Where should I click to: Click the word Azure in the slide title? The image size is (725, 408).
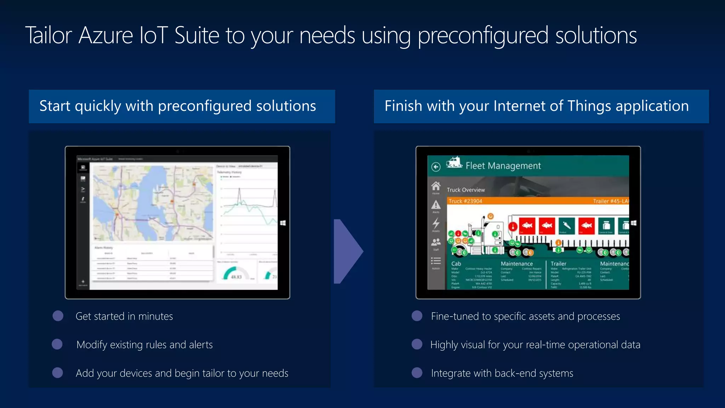click(105, 35)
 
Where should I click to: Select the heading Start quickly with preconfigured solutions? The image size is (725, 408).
click(177, 106)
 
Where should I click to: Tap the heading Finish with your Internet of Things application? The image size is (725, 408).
click(536, 106)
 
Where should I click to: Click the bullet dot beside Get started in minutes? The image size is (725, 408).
click(58, 316)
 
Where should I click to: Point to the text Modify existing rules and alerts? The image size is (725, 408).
click(144, 345)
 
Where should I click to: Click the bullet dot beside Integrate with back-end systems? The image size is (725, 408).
click(417, 373)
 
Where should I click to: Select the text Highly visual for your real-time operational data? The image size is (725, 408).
click(535, 345)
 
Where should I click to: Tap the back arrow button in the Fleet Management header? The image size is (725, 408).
click(436, 166)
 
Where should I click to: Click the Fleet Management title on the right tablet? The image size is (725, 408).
click(503, 166)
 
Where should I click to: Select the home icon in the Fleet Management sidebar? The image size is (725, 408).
click(436, 186)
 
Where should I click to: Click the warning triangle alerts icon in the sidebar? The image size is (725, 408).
click(436, 205)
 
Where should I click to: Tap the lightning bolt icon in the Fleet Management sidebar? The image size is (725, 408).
click(436, 223)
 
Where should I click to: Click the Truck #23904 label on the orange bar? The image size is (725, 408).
click(465, 201)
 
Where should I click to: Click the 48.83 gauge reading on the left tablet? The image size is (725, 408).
click(236, 277)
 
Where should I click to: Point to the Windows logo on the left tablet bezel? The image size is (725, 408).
click(283, 223)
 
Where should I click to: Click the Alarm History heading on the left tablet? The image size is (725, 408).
click(103, 248)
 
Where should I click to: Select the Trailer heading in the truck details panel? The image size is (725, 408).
click(558, 263)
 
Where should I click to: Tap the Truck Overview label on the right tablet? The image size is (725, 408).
click(466, 190)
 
